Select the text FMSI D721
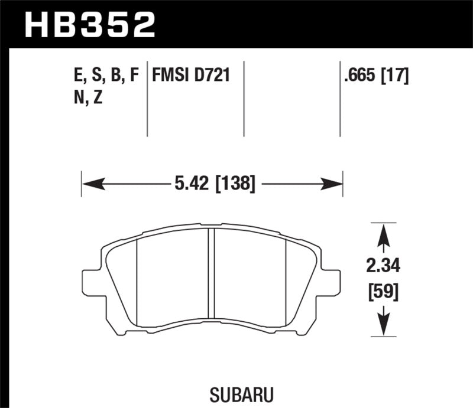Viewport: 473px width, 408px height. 191,75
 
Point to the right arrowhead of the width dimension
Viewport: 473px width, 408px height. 334,185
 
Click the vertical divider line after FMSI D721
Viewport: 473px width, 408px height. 244,97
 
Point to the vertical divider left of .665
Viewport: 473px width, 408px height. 340,97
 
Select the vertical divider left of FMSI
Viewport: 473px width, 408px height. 147,97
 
